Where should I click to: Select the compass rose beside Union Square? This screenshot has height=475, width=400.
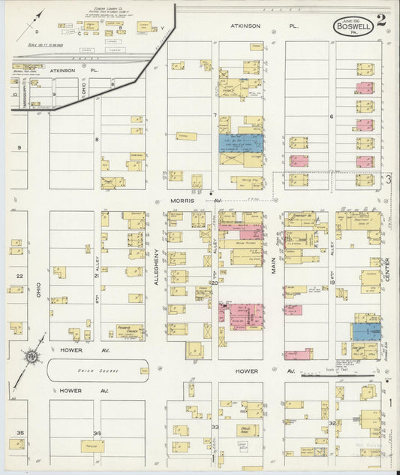point(32,357)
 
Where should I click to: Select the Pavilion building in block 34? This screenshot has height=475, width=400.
point(93,446)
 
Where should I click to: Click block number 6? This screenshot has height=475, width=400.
point(331,116)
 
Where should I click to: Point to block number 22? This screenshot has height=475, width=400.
point(20,277)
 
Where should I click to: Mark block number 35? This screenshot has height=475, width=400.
point(20,433)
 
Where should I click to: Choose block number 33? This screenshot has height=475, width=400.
point(215,427)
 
